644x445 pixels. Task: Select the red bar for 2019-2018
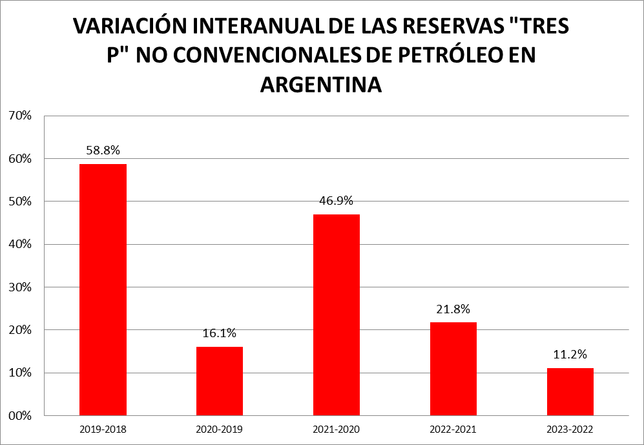click(x=103, y=289)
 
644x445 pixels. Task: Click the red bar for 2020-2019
click(x=220, y=380)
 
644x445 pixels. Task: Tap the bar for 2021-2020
click(x=337, y=315)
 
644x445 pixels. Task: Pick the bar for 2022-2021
click(x=453, y=368)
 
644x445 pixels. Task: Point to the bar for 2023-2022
click(x=570, y=391)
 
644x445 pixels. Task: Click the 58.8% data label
click(x=103, y=150)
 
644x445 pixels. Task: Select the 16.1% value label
click(x=220, y=333)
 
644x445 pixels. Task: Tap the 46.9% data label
click(x=337, y=200)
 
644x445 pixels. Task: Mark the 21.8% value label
click(x=453, y=309)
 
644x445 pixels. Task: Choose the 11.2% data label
click(x=570, y=355)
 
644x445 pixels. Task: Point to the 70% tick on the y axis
click(x=21, y=116)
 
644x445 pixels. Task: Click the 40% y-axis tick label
click(x=21, y=244)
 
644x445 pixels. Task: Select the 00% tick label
click(x=21, y=415)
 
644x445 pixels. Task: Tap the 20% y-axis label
click(x=21, y=330)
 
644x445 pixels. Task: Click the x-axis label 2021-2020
click(x=337, y=429)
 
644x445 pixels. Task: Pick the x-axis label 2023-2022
click(x=570, y=429)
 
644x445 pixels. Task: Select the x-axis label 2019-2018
click(x=103, y=429)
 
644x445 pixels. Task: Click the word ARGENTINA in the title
click(x=321, y=84)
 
